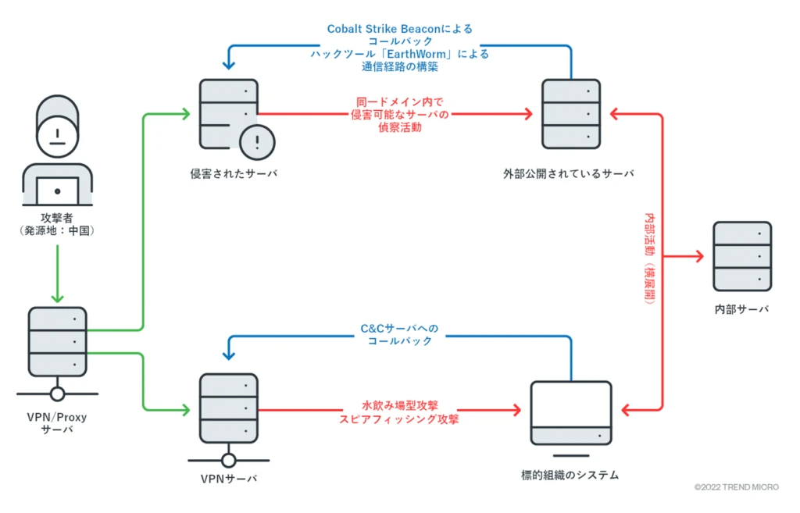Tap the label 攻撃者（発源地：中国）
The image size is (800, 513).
tap(57, 224)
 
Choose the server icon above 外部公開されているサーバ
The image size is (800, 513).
tap(570, 114)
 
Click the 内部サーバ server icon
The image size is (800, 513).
tap(741, 256)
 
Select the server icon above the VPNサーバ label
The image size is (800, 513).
tap(228, 407)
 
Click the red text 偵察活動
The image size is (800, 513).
tap(399, 127)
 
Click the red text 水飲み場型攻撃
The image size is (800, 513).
tap(399, 406)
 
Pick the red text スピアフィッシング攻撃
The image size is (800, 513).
tap(399, 419)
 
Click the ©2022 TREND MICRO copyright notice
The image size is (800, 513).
tap(736, 487)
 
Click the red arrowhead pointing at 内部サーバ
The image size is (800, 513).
tap(701, 256)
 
